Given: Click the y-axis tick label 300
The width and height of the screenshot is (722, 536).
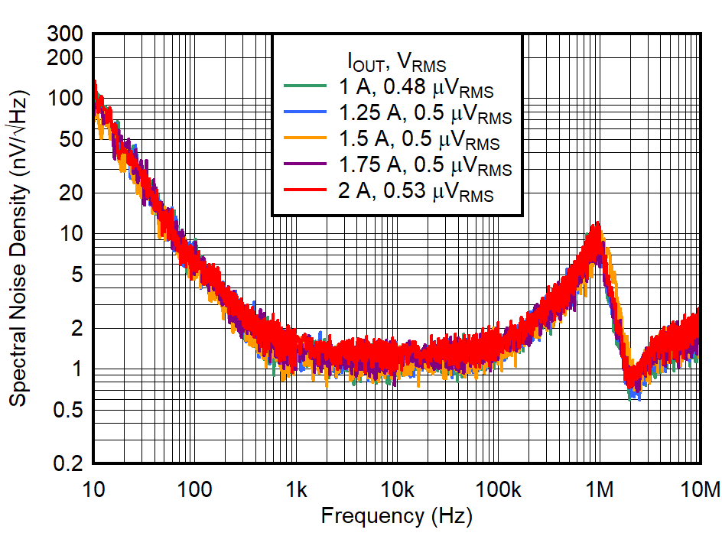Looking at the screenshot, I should click(x=67, y=34).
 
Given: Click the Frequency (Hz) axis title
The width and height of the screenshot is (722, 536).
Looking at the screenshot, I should click(x=396, y=516).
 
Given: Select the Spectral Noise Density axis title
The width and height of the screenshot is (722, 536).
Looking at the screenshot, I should click(x=18, y=249).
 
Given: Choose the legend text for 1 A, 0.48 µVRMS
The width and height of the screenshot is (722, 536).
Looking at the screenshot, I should click(x=417, y=89).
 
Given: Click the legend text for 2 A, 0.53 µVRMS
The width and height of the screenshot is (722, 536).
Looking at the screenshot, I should click(x=417, y=193).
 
